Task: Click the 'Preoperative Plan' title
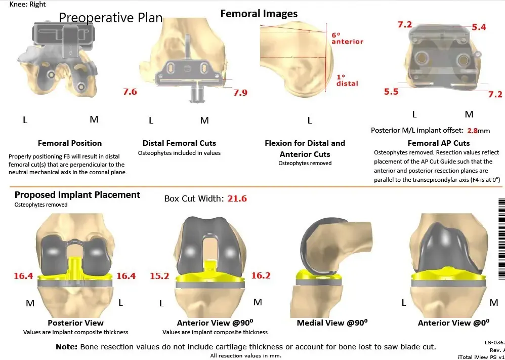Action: [x=111, y=18]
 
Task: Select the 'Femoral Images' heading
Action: [x=259, y=14]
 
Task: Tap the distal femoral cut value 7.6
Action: [x=130, y=92]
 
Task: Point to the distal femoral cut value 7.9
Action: [x=240, y=93]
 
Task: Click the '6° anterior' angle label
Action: [x=347, y=38]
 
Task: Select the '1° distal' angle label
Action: [x=347, y=80]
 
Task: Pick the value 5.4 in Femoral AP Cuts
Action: [x=478, y=27]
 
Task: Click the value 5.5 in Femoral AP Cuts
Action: [x=391, y=92]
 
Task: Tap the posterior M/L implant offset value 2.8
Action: [x=472, y=131]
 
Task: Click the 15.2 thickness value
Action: [x=159, y=276]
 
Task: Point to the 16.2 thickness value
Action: [x=261, y=276]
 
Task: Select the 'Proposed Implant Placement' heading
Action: [x=77, y=195]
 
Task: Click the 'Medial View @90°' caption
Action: [x=332, y=323]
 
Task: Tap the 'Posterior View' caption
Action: [x=75, y=323]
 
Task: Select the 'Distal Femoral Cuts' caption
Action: [x=179, y=143]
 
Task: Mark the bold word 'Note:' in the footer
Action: [x=67, y=347]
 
